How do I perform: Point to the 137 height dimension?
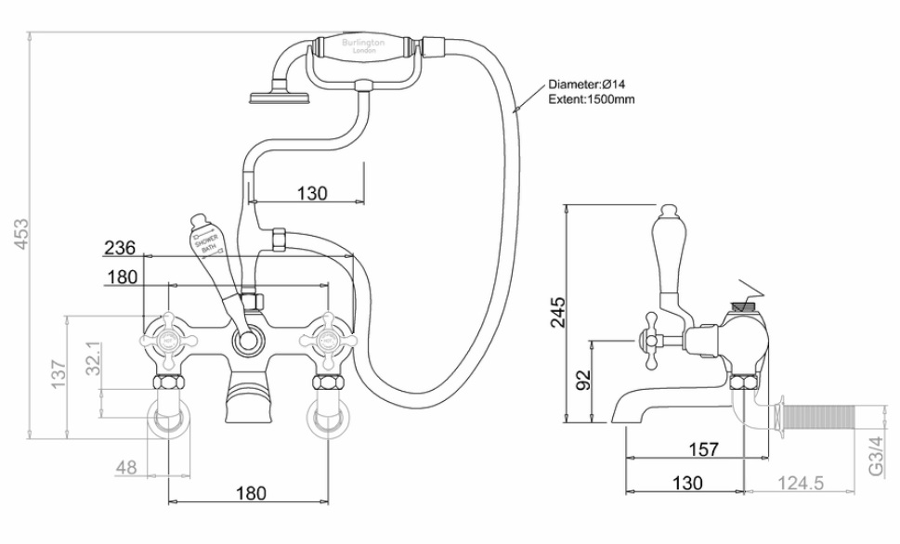click(57, 375)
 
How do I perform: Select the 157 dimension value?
click(704, 449)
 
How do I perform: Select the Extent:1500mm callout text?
click(592, 99)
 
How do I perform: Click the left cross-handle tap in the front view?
click(169, 341)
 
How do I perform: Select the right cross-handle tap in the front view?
click(326, 341)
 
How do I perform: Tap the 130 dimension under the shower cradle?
click(312, 193)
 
